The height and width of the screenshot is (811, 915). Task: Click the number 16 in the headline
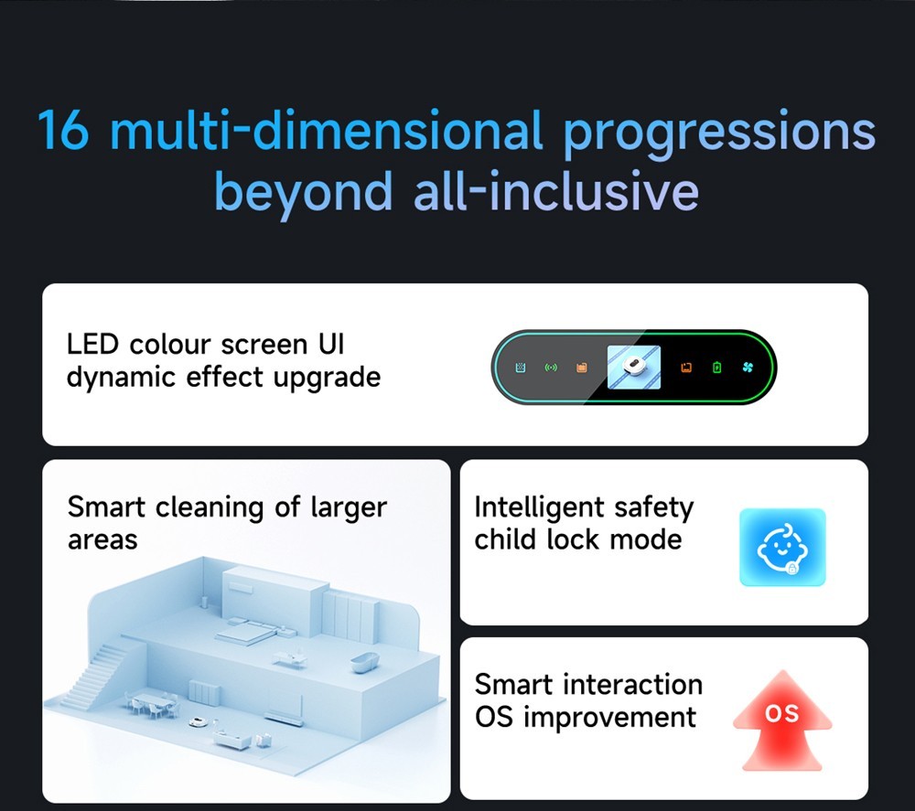pyautogui.click(x=63, y=130)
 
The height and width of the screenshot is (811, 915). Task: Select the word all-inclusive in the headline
pyautogui.click(x=556, y=191)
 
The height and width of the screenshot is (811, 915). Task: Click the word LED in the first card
pyautogui.click(x=92, y=345)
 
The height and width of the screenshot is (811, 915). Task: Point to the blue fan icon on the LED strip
pyautogui.click(x=748, y=368)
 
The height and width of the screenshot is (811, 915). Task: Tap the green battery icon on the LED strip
pyautogui.click(x=716, y=368)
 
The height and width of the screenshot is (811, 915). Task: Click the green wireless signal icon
pyautogui.click(x=551, y=368)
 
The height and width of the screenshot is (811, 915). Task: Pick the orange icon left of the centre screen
pyautogui.click(x=581, y=368)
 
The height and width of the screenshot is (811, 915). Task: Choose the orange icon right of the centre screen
pyautogui.click(x=686, y=368)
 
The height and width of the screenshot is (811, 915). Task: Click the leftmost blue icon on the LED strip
pyautogui.click(x=521, y=368)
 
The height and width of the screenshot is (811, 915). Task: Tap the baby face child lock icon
pyautogui.click(x=782, y=548)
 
